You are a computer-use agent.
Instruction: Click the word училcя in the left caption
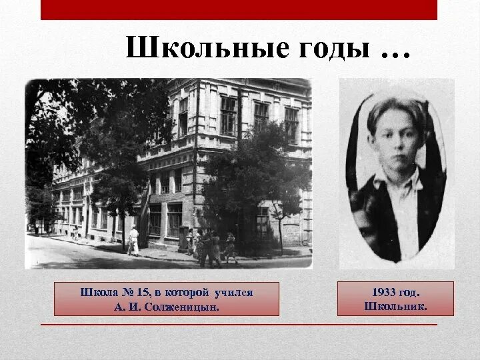point(234,292)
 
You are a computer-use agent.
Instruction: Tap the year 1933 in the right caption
point(380,292)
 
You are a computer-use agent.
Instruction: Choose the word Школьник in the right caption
point(395,306)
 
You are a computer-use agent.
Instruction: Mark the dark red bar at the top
point(239,10)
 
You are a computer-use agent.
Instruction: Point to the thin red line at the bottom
point(239,325)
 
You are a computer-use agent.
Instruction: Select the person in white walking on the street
point(134,239)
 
